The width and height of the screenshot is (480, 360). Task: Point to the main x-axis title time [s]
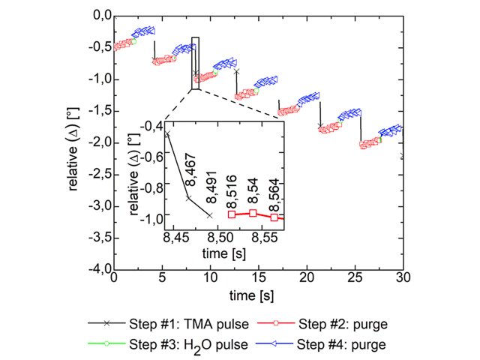(258, 295)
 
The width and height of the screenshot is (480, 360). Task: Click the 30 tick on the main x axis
(403, 277)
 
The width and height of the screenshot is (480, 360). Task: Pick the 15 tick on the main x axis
(258, 277)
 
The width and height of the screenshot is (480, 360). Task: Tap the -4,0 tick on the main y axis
(98, 268)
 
